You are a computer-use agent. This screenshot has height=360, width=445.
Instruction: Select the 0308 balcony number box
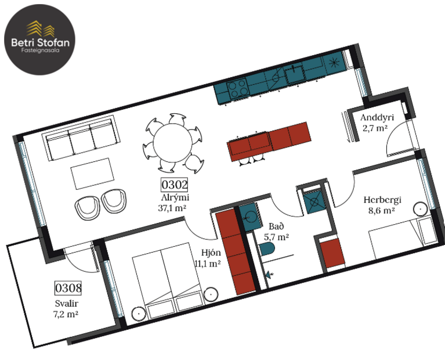(x=68, y=287)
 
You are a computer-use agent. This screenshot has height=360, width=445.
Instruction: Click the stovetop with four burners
(x=237, y=90)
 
